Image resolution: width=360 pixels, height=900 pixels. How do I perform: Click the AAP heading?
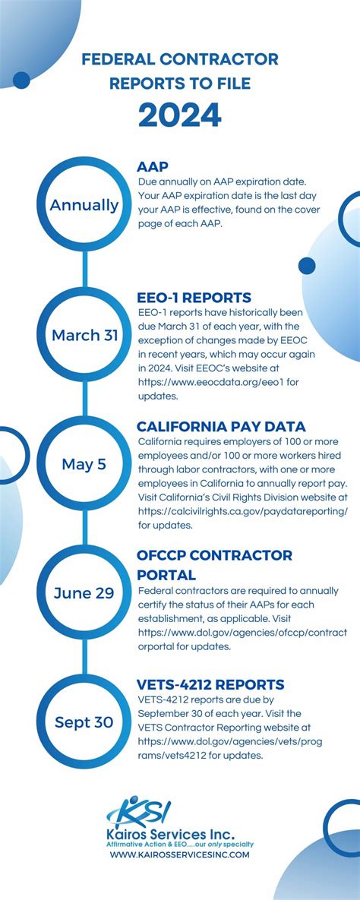pos(153,167)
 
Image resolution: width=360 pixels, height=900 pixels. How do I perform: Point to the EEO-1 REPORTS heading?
pos(194,298)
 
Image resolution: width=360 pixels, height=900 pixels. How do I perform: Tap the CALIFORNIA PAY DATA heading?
pos(221,427)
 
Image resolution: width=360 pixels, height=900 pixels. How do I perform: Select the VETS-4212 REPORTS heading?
pos(210,685)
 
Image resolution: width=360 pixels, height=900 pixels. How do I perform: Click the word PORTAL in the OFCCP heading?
pos(166,574)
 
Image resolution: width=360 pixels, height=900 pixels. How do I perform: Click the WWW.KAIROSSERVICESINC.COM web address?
pos(180,854)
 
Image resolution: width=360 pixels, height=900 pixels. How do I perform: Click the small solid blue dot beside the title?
pos(21,81)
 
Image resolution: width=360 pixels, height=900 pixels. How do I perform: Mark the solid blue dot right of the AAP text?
pos(307,266)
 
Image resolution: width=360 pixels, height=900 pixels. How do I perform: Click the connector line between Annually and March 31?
pos(85,269)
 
